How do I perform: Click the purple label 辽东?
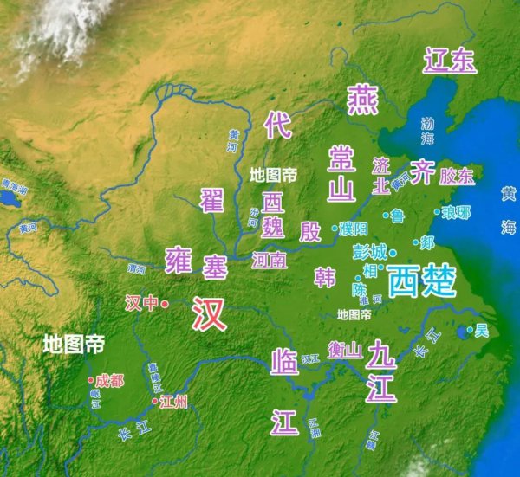tap(450, 60)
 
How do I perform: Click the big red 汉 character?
tap(210, 313)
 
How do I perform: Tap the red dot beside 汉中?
tap(164, 304)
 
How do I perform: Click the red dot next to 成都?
tap(90, 380)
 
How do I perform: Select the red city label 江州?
tap(174, 402)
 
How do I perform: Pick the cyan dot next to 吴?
tap(472, 329)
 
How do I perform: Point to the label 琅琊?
tap(456, 212)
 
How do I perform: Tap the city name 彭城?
tap(370, 252)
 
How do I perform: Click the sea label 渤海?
tap(427, 131)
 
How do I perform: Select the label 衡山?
tap(344, 350)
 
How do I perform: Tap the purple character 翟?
tap(212, 200)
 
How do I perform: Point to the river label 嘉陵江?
tap(153, 378)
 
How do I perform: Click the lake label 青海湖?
tap(14, 186)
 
